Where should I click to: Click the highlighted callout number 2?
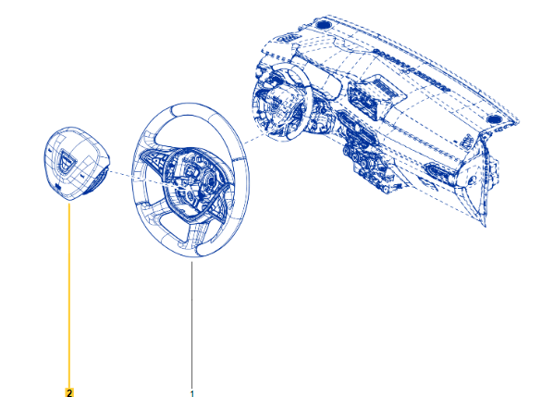click(x=69, y=392)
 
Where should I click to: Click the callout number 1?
click(x=192, y=393)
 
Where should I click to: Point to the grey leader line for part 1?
click(x=191, y=326)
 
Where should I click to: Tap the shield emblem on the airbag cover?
click(x=66, y=160)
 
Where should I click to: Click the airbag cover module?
click(x=76, y=164)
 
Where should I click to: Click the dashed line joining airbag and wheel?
click(x=145, y=180)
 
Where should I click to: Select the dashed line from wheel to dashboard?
click(x=254, y=139)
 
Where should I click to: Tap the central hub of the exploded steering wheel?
click(x=194, y=183)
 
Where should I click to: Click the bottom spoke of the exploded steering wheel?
click(x=194, y=235)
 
